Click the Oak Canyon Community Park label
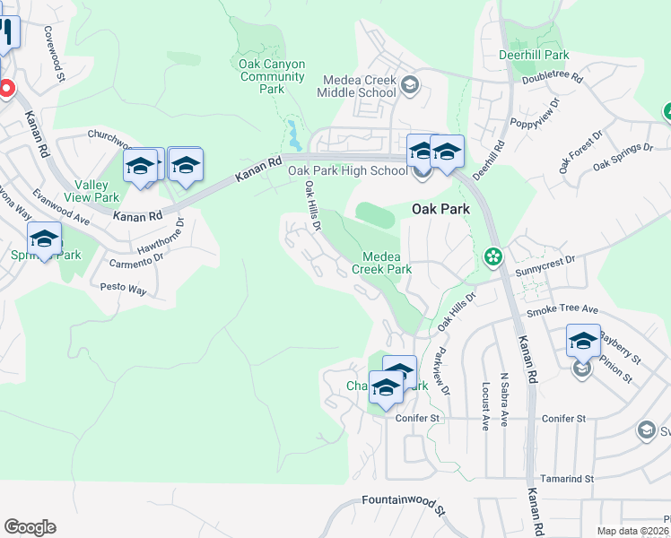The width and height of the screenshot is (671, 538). coord(273,76)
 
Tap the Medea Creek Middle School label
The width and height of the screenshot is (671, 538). coord(356,85)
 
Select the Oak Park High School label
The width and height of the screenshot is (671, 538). coord(347,170)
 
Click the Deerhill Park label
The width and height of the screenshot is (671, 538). coord(534,55)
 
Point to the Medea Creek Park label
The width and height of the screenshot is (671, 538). coord(381,262)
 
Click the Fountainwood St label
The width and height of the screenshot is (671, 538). coord(404,504)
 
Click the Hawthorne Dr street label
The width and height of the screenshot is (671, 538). coord(161,238)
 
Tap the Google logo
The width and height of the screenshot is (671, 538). coord(30,527)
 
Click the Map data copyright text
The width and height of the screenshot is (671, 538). coord(632,531)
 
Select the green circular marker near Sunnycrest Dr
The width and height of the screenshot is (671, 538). coord(492,257)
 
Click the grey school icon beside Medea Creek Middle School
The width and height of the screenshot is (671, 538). coord(410,86)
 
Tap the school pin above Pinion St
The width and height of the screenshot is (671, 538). coord(583,342)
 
